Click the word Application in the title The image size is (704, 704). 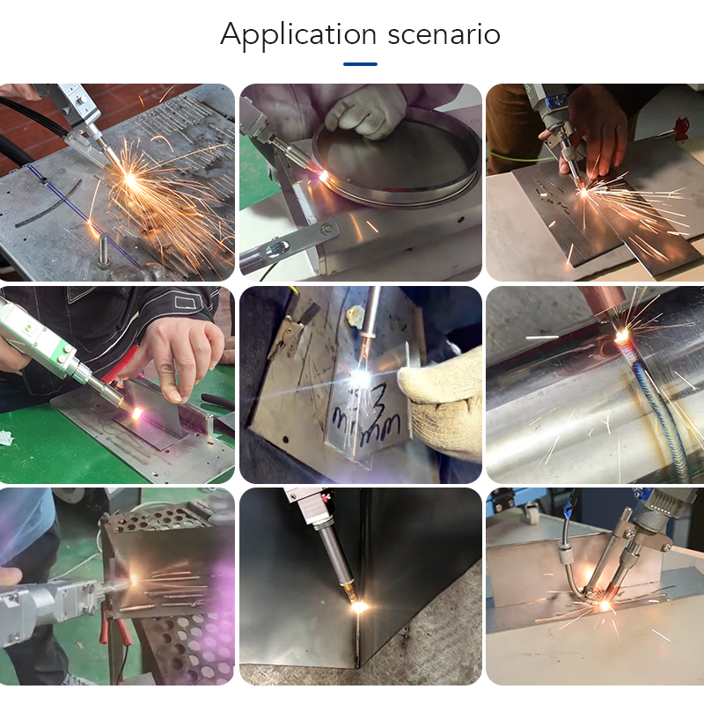(x=298, y=34)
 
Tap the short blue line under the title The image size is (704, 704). (x=360, y=63)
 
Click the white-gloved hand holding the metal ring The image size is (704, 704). (x=367, y=110)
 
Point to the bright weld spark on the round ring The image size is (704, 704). (x=323, y=175)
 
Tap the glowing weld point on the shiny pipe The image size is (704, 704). (x=622, y=335)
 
